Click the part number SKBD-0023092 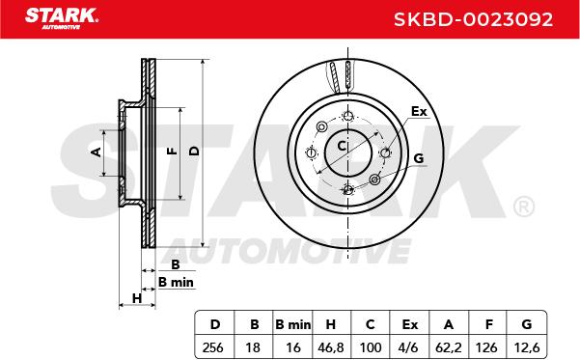tap(473, 19)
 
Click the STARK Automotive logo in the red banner tap(62, 18)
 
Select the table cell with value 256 tap(213, 347)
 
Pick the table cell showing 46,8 tap(331, 347)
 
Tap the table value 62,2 tap(449, 347)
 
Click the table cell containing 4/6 tap(409, 347)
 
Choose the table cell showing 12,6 tap(527, 347)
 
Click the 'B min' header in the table tap(293, 324)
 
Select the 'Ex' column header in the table tap(410, 324)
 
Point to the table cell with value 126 tap(486, 347)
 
